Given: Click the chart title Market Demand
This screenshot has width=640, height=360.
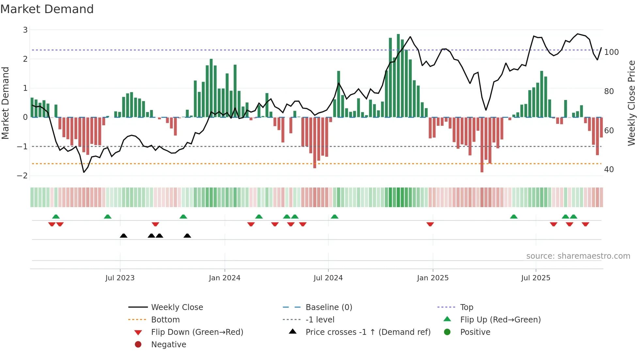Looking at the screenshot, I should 47,9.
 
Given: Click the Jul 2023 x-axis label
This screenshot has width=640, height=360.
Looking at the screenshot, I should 120,278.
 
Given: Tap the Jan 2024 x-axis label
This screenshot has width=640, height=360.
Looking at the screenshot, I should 225,278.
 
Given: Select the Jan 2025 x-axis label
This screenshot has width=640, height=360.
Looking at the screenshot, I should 433,278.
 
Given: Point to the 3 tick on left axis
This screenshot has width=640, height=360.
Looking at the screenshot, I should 25,30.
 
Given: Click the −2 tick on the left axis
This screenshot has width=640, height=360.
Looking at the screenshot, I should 23,176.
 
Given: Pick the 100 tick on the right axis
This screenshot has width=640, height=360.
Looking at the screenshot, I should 611,52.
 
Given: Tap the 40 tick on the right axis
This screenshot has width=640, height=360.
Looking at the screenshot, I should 609,170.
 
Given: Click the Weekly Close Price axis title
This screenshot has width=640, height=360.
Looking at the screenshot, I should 632,103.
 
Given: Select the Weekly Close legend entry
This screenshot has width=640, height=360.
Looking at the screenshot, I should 177,307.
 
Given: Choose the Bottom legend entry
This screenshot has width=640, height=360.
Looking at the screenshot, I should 165,320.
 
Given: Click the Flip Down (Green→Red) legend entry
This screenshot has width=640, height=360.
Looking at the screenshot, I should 197,332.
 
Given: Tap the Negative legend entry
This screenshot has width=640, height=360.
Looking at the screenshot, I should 168,345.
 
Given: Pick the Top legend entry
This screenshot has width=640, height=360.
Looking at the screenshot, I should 467,307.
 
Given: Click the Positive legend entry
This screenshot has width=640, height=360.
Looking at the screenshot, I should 475,332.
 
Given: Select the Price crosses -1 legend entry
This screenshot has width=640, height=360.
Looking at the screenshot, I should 368,332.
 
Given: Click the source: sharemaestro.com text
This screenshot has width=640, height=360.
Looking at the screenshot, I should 578,256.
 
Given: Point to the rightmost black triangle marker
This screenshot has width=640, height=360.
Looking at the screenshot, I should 187,236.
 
